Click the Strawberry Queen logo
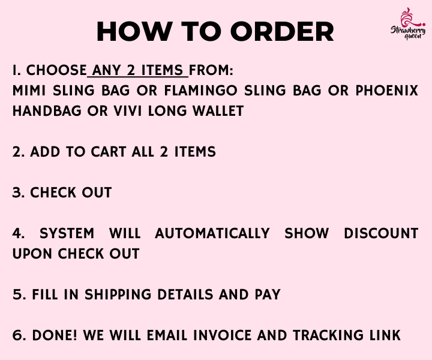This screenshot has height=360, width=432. point(408,23)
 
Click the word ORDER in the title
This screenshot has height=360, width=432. point(282,32)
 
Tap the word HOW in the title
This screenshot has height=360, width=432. point(135,32)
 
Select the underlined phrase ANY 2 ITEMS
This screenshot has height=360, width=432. point(137,70)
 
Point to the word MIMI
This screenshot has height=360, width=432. point(29,91)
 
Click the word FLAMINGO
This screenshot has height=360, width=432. point(200,91)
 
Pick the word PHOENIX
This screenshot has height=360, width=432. point(387,91)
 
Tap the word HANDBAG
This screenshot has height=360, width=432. point(47,111)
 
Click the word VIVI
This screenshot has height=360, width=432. point(128,111)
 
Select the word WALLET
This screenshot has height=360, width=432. point(218,111)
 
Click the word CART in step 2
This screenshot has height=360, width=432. point(108,152)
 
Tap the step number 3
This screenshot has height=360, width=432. point(17,193)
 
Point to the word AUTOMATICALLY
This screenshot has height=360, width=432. point(212,233)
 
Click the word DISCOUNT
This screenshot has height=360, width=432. point(381,233)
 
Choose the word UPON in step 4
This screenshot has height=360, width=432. point(32,254)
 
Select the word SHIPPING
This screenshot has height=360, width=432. point(118,295)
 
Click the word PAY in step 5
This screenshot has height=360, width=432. point(268,295)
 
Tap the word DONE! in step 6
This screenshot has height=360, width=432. point(55,335)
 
